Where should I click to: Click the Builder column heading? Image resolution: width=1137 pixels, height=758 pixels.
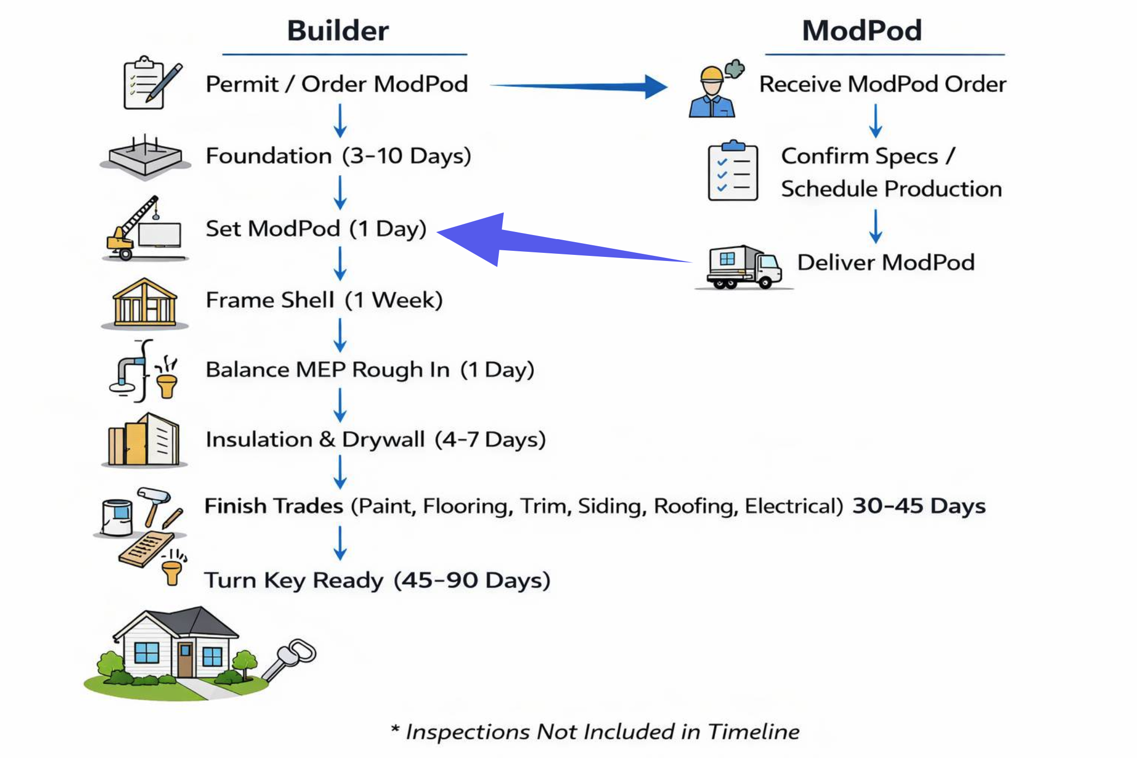[x=338, y=31]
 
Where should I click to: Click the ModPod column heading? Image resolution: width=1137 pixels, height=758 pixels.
[x=862, y=31]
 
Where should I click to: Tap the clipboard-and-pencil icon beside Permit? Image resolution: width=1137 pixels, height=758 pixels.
[x=151, y=83]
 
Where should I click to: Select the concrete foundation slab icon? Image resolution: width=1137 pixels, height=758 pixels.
[x=146, y=158]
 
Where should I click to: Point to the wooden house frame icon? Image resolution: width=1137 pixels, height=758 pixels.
[x=145, y=302]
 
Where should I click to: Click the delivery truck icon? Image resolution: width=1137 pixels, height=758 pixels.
[x=744, y=267]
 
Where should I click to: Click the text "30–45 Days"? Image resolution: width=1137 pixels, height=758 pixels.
[x=919, y=506]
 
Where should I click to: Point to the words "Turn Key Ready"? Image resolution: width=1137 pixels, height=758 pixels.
[x=294, y=580]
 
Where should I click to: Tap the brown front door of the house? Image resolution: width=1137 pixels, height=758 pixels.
[x=185, y=659]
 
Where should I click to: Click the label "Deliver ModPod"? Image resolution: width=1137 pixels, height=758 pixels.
[x=886, y=263]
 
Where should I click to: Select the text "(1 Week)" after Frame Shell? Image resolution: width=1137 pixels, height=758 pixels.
[x=393, y=300]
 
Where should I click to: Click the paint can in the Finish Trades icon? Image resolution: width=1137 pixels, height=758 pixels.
[x=117, y=516]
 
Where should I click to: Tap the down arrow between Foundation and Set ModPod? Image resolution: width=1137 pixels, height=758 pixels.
[x=340, y=192]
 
